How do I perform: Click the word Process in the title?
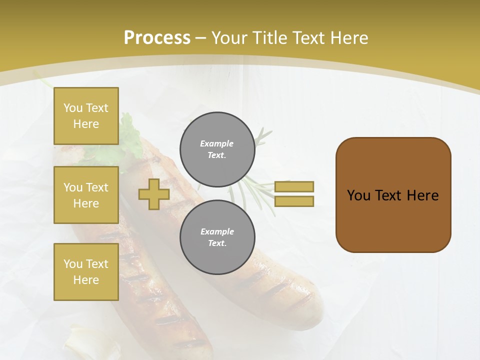click(x=157, y=38)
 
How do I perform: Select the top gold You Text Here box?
click(x=86, y=116)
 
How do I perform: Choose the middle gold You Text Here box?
click(x=86, y=195)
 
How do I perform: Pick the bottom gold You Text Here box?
click(x=86, y=272)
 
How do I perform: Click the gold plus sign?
click(x=153, y=194)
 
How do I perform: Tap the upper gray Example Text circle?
click(x=217, y=149)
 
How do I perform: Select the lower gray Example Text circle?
click(x=217, y=237)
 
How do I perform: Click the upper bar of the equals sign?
click(x=294, y=186)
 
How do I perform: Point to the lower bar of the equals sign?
click(x=294, y=201)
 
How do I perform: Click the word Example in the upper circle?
click(x=217, y=143)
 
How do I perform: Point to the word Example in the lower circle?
click(x=217, y=231)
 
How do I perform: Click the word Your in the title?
click(x=228, y=38)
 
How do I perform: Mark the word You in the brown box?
click(x=358, y=195)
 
